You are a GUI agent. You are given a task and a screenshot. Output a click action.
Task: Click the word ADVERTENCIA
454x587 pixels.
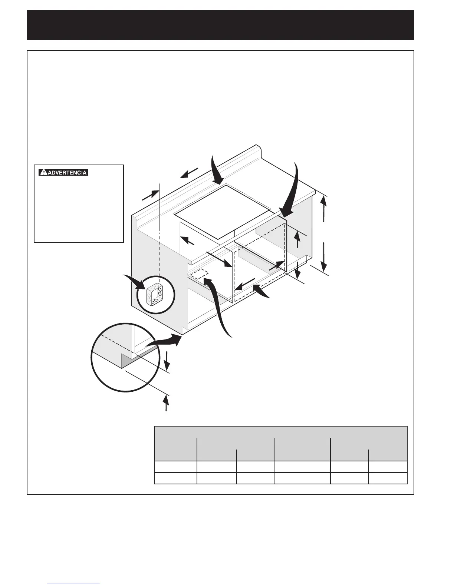(x=67, y=173)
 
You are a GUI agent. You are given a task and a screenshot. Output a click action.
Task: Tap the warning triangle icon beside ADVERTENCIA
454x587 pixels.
(x=43, y=173)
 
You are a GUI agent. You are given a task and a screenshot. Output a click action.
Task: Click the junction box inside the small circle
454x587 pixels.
(x=155, y=295)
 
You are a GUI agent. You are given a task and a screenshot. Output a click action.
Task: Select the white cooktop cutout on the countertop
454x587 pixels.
(x=222, y=211)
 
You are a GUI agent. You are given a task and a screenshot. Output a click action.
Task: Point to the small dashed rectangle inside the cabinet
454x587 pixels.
(x=199, y=275)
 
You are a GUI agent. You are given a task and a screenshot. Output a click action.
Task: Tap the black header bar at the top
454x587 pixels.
(x=220, y=25)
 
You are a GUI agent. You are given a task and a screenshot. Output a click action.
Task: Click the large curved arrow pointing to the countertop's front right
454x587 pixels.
(x=292, y=193)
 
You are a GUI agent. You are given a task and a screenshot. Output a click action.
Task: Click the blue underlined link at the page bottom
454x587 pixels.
(x=74, y=584)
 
